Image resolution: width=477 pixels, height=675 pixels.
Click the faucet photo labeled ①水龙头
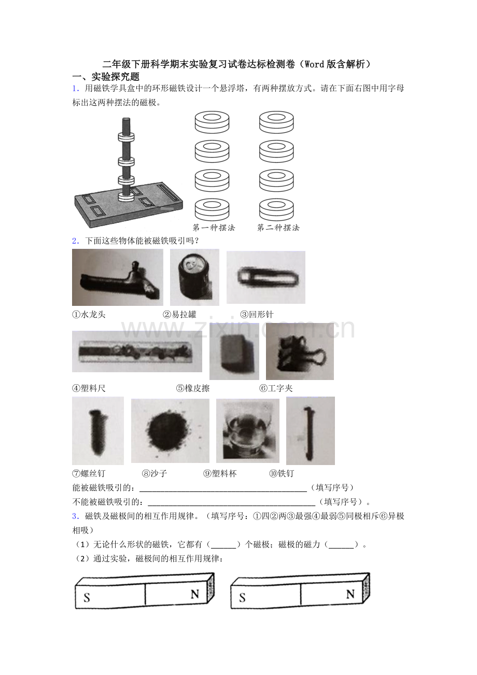point(118,277)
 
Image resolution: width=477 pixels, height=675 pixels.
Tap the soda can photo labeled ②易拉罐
point(194,277)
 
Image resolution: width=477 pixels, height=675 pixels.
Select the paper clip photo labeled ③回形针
point(266,277)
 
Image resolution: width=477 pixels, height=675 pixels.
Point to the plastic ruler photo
point(137,351)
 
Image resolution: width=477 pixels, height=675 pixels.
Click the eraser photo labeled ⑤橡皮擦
point(234,351)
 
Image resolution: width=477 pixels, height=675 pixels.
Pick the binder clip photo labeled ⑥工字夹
point(300,351)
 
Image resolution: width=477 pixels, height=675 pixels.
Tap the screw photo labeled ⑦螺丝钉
point(98,431)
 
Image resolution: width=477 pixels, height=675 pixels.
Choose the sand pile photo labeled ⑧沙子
point(170,431)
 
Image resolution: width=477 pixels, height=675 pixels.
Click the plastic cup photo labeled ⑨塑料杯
point(248,431)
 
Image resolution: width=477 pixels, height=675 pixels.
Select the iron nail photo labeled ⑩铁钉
point(311,431)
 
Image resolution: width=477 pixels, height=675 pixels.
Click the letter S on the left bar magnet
point(87,597)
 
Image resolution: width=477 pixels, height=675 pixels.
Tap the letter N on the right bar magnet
point(350,594)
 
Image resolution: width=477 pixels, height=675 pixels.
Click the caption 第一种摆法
point(214,228)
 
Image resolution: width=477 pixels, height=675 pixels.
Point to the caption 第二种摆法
point(278,228)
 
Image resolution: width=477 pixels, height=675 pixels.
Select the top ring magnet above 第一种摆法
point(212,122)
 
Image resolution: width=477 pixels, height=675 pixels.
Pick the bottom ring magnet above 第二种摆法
point(276,209)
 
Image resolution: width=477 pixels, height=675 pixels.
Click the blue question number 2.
point(75,241)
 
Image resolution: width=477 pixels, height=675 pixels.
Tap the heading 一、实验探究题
point(106,77)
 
